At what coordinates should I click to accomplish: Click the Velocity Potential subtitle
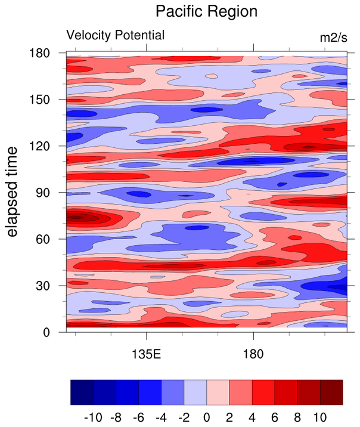pyautogui.click(x=115, y=35)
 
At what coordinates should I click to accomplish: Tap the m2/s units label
pyautogui.click(x=333, y=37)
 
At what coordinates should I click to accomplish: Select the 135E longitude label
pyautogui.click(x=147, y=356)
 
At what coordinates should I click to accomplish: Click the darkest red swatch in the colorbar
pyautogui.click(x=331, y=392)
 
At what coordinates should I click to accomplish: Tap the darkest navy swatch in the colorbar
pyautogui.click(x=82, y=392)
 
